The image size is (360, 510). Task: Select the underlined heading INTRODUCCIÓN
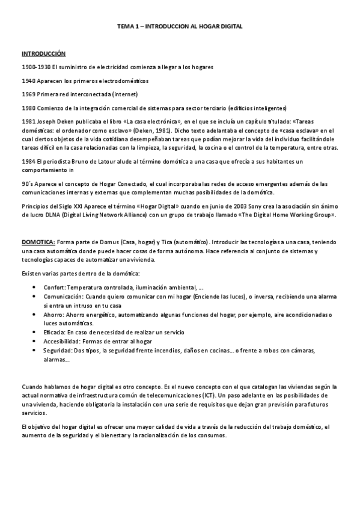44,54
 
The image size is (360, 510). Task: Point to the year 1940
28,80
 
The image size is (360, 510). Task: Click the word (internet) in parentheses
123,94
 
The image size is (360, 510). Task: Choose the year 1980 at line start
28,108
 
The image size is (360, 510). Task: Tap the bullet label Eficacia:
55,333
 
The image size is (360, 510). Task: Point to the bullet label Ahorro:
53,315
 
